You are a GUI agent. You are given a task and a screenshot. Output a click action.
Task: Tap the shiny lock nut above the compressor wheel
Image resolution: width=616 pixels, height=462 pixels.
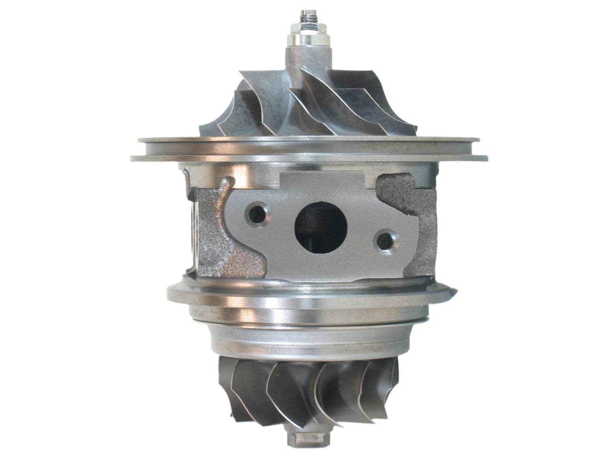pos(307,39)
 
